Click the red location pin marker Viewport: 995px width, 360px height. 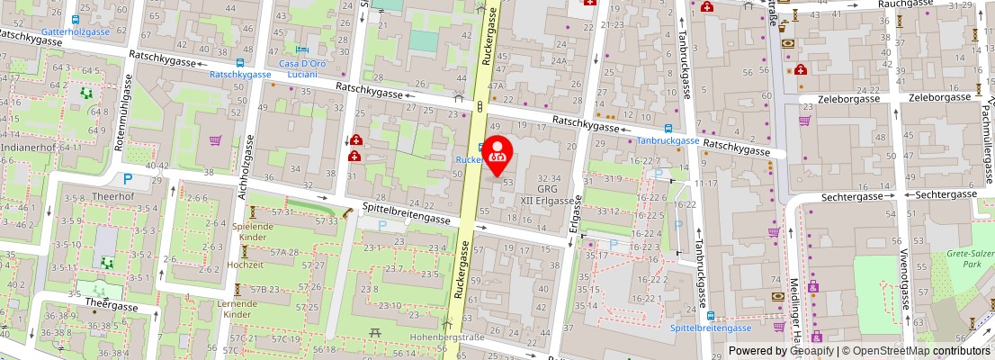tap(498, 155)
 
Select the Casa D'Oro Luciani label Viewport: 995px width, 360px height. tap(301, 68)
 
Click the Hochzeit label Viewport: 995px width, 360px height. tap(246, 265)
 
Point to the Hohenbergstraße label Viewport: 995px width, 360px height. tap(447, 337)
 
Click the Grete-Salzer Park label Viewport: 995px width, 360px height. tap(969, 260)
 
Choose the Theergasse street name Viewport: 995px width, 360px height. tap(112, 306)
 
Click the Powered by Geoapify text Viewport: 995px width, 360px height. tap(780, 351)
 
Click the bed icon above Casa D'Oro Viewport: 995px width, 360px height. tap(302, 49)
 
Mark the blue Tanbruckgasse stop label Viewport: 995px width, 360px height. tap(668, 140)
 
